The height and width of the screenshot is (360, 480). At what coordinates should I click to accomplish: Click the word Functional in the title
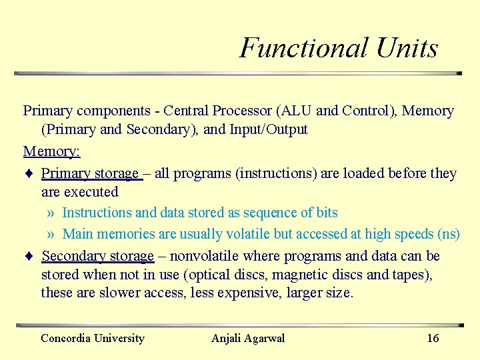pos(303,48)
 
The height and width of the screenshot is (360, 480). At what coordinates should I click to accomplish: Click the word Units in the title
pos(407,48)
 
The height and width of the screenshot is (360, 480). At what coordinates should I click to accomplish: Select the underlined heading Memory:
pos(51,151)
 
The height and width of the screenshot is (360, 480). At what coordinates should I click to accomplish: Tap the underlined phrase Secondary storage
pos(97,257)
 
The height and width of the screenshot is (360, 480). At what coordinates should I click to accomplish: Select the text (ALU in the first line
pos(293,111)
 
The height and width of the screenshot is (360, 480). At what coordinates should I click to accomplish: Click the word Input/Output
pos(269,129)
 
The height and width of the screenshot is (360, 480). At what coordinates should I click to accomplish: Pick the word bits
pos(327,213)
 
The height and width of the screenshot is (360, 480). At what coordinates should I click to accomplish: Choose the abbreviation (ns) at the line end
pos(448,234)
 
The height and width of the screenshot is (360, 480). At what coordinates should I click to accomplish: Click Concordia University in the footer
pos(92,338)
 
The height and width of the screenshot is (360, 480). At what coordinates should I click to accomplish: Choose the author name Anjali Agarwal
pos(247,338)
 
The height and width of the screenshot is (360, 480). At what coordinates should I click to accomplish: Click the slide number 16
pos(433,338)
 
